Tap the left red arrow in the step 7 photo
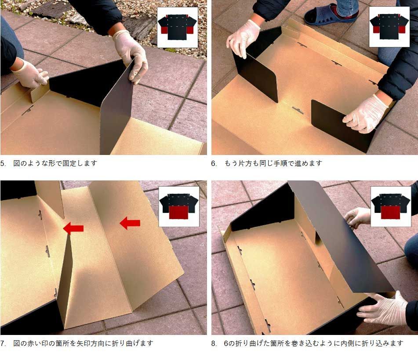coord(73,228)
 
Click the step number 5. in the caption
coord(3,163)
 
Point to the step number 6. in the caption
coord(214,163)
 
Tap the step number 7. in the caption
coord(3,343)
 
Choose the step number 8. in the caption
coord(214,343)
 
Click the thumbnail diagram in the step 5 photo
coord(178,27)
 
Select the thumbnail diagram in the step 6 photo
coord(389,27)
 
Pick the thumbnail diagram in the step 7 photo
coord(179,206)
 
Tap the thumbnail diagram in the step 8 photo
coord(391,206)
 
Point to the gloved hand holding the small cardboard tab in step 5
coord(31,74)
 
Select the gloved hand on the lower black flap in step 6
coord(365,113)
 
